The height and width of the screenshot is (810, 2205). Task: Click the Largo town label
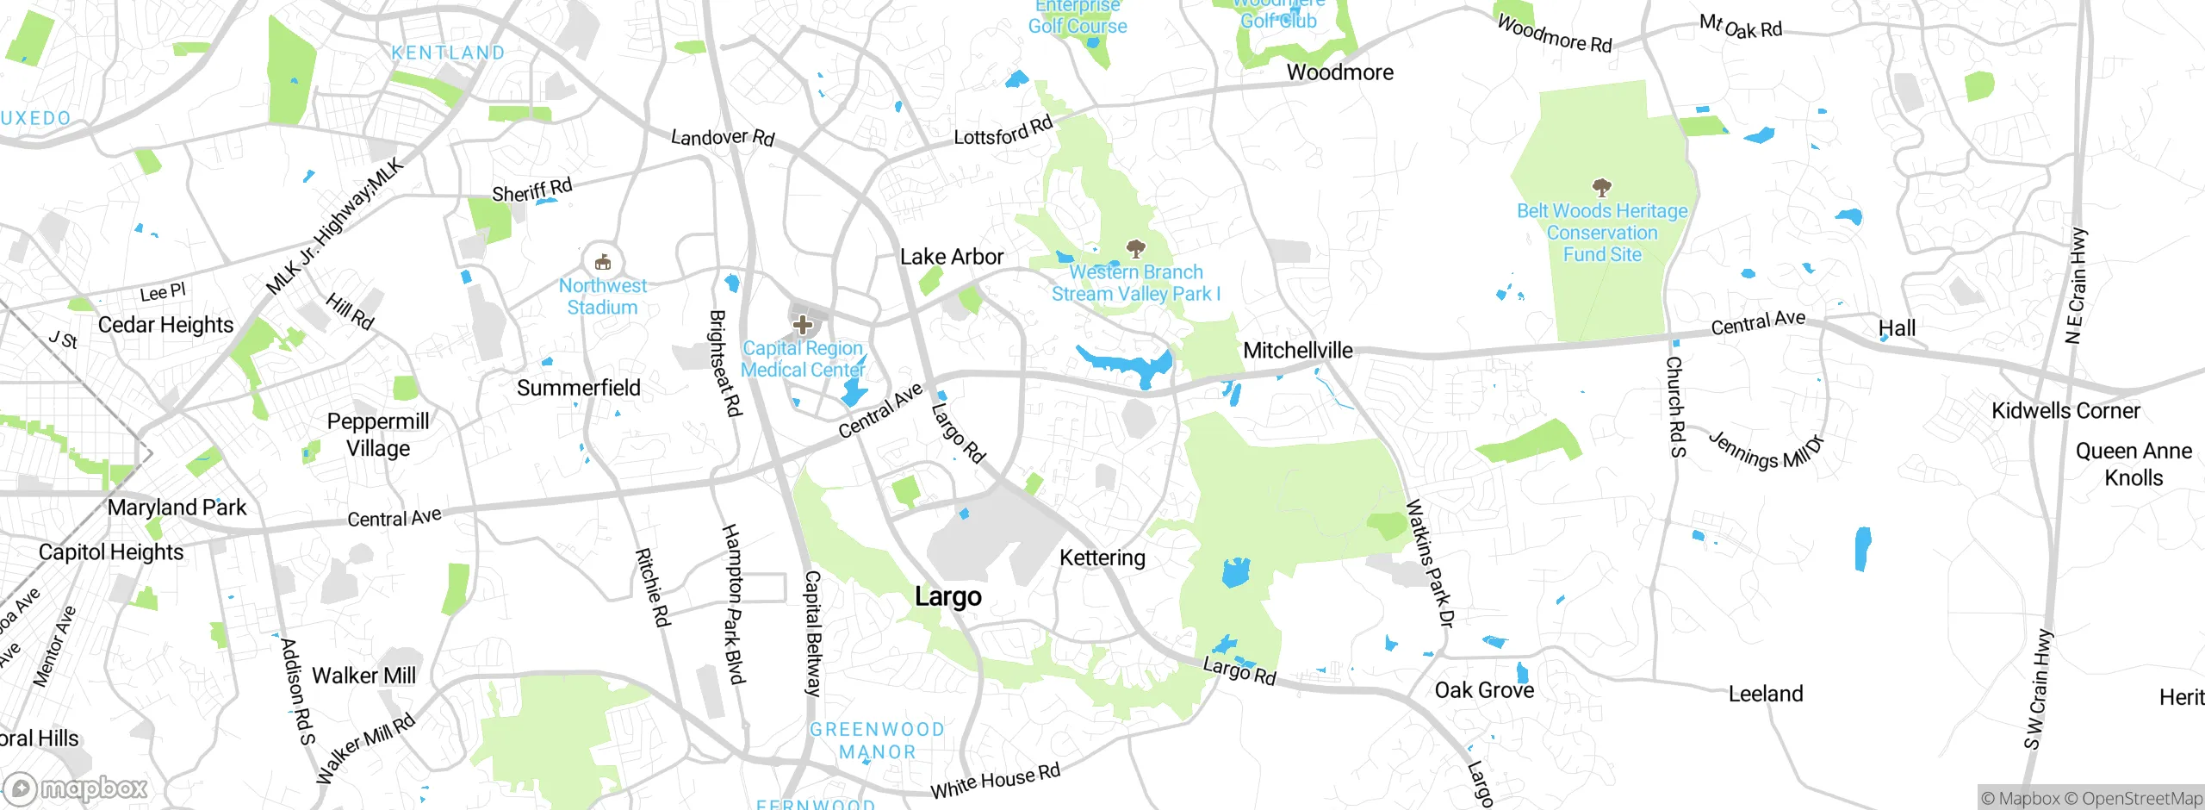(947, 596)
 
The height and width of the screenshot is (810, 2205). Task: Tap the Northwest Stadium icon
(603, 261)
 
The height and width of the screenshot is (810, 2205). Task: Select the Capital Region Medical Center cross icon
(803, 325)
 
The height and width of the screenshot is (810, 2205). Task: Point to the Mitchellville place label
(1297, 350)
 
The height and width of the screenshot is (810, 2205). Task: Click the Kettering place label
(1102, 558)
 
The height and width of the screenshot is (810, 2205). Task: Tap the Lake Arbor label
(951, 257)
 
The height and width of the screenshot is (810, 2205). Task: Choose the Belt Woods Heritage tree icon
(1601, 187)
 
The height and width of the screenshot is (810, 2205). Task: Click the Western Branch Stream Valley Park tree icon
(1135, 249)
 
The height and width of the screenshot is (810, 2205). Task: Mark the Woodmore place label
(1339, 72)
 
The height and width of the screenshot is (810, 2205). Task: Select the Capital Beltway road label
(813, 633)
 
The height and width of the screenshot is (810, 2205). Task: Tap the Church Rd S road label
(1675, 407)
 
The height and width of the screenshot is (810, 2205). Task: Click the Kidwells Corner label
(2065, 410)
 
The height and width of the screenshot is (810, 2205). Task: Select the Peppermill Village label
(378, 434)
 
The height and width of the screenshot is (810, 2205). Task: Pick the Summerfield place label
(578, 388)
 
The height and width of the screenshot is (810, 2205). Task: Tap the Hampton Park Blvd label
(732, 603)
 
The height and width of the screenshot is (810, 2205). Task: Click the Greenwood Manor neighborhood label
(877, 740)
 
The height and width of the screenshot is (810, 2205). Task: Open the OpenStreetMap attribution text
(2141, 799)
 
